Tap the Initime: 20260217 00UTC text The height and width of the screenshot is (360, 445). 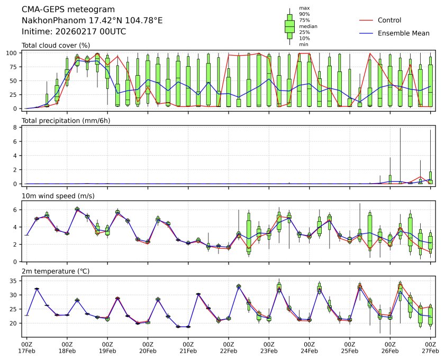tap(74, 31)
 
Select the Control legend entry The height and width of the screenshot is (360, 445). tap(389, 20)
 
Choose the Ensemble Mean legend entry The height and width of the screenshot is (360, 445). tap(403, 33)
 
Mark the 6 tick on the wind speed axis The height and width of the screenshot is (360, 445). tap(16, 210)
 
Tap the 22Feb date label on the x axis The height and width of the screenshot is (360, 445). tap(229, 350)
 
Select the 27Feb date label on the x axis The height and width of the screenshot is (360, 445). tap(430, 350)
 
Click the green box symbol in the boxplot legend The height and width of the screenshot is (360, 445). tap(289, 26)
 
